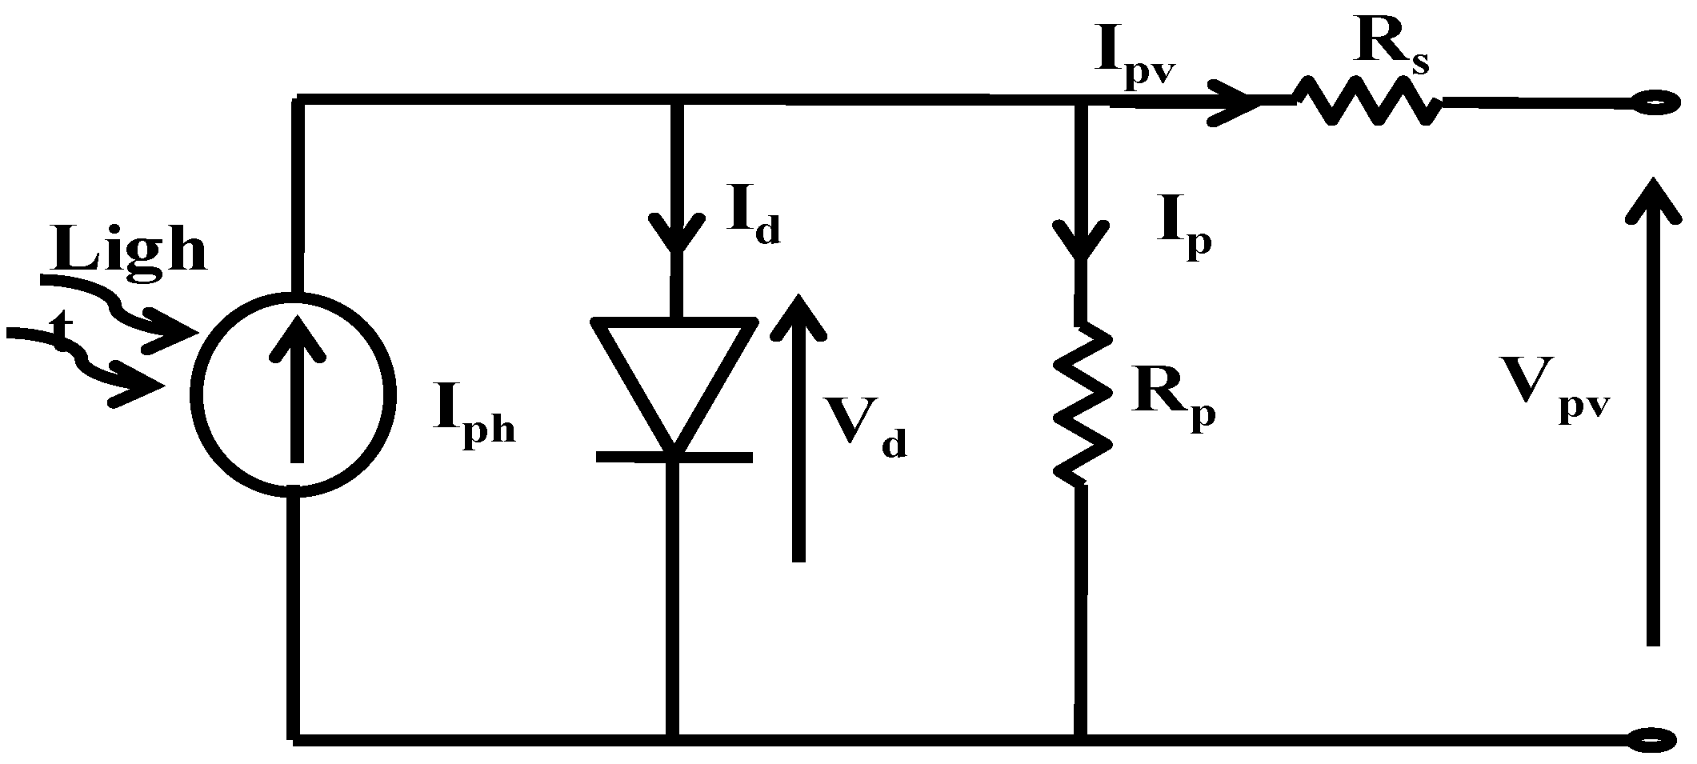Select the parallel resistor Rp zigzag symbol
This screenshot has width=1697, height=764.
[1081, 404]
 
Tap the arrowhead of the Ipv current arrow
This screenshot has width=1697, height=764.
[1232, 102]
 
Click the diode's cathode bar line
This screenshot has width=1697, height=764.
[674, 457]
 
